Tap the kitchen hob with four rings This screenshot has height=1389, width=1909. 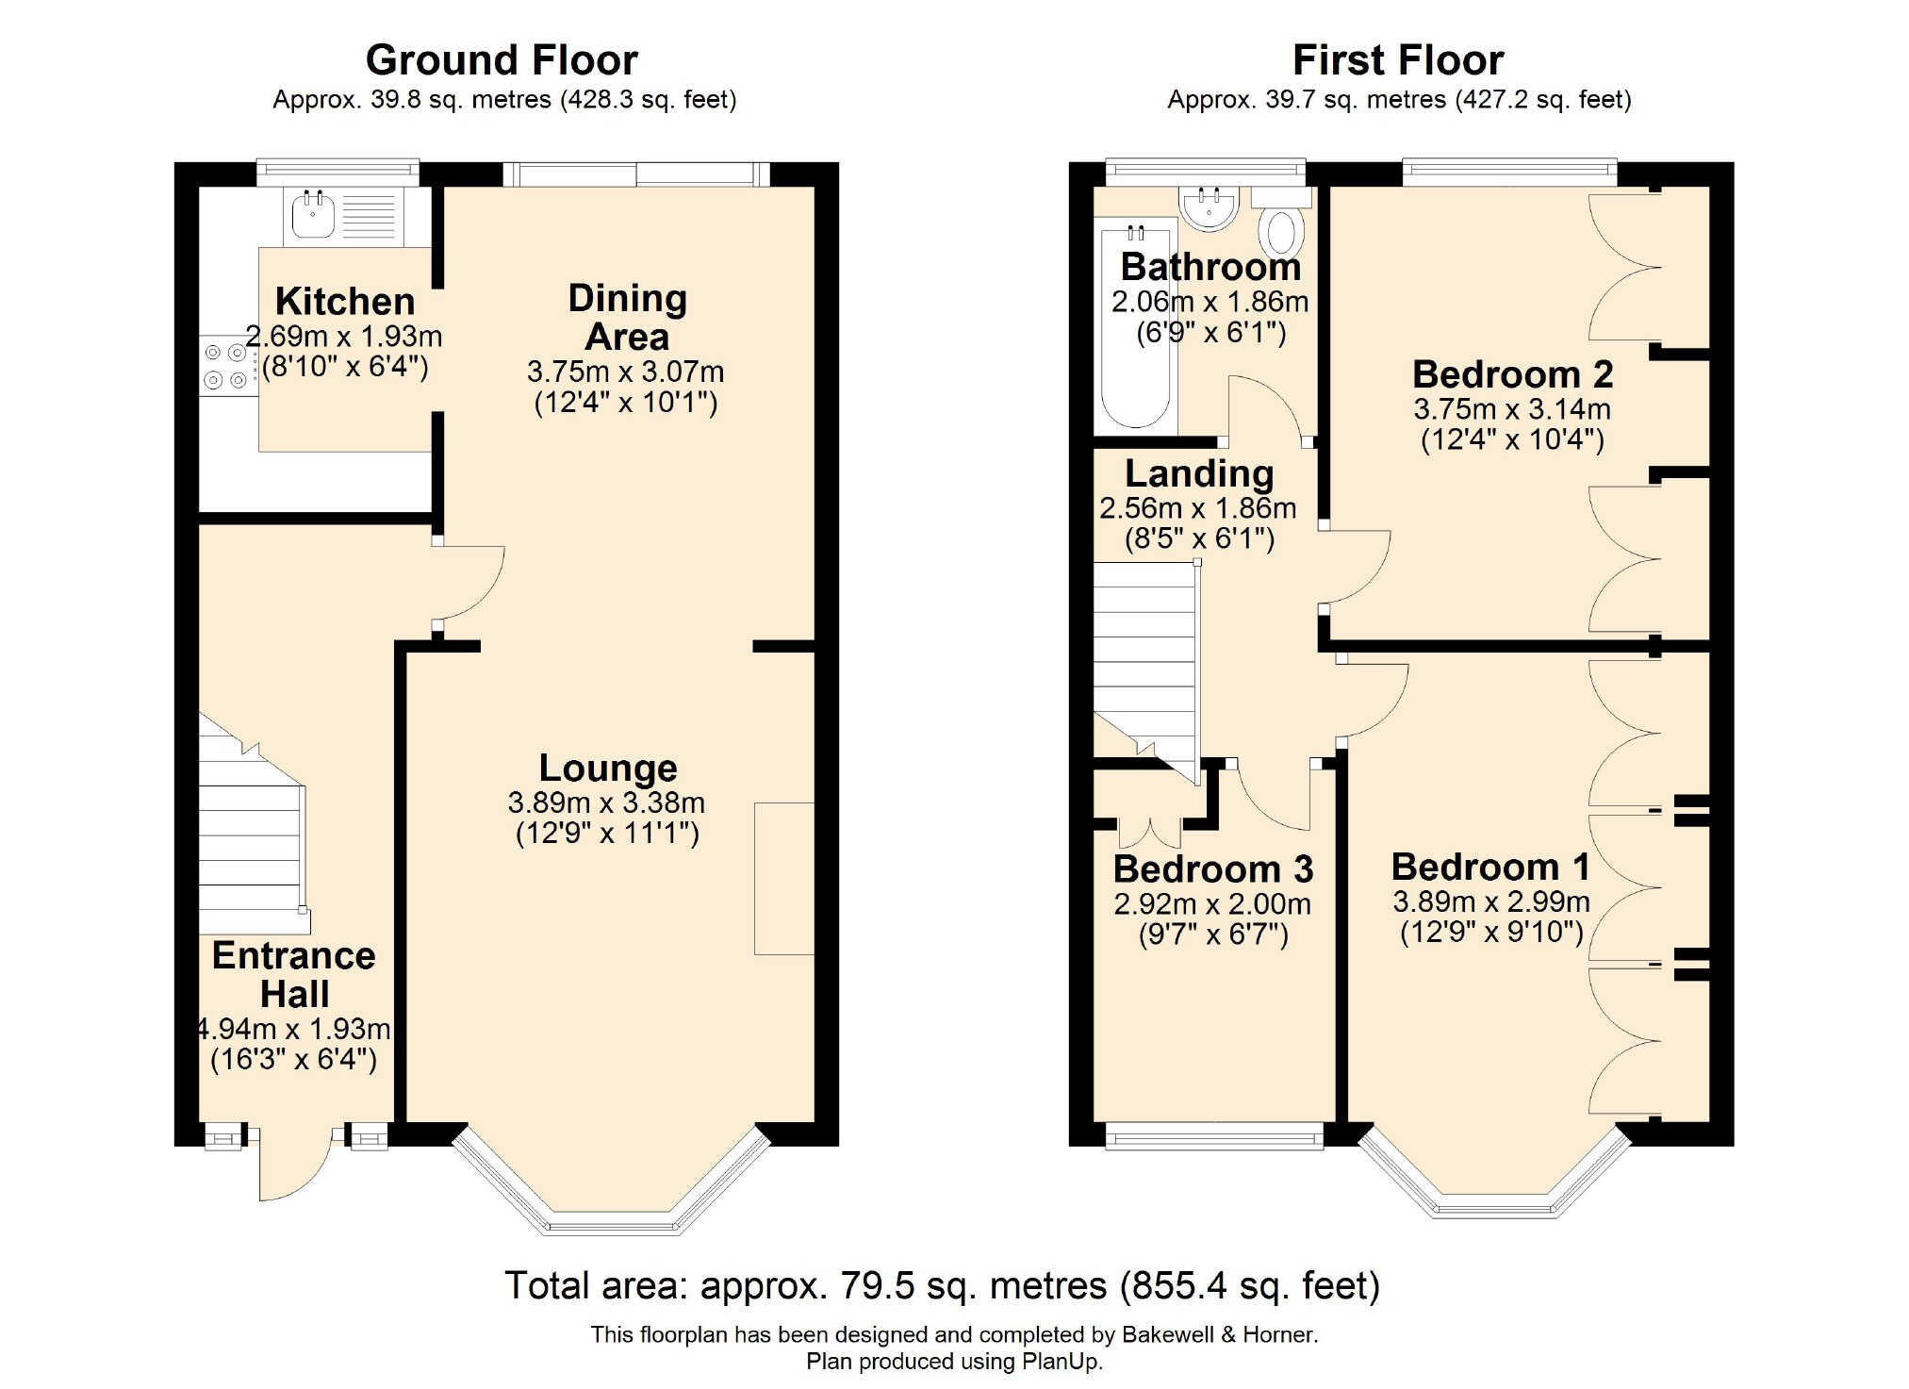point(227,366)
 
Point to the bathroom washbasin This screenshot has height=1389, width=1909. point(1210,207)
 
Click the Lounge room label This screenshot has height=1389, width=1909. point(608,769)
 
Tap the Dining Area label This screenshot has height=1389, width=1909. point(627,318)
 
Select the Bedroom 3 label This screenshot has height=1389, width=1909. point(1212,868)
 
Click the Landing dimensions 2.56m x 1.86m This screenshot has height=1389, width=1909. point(1197,508)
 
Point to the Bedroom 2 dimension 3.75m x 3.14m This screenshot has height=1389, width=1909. point(1512,409)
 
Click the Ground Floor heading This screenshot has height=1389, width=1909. point(502,60)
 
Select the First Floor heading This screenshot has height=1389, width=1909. point(1398,60)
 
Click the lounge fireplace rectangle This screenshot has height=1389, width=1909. point(783,879)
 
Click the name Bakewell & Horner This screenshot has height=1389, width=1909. point(1218,1334)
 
